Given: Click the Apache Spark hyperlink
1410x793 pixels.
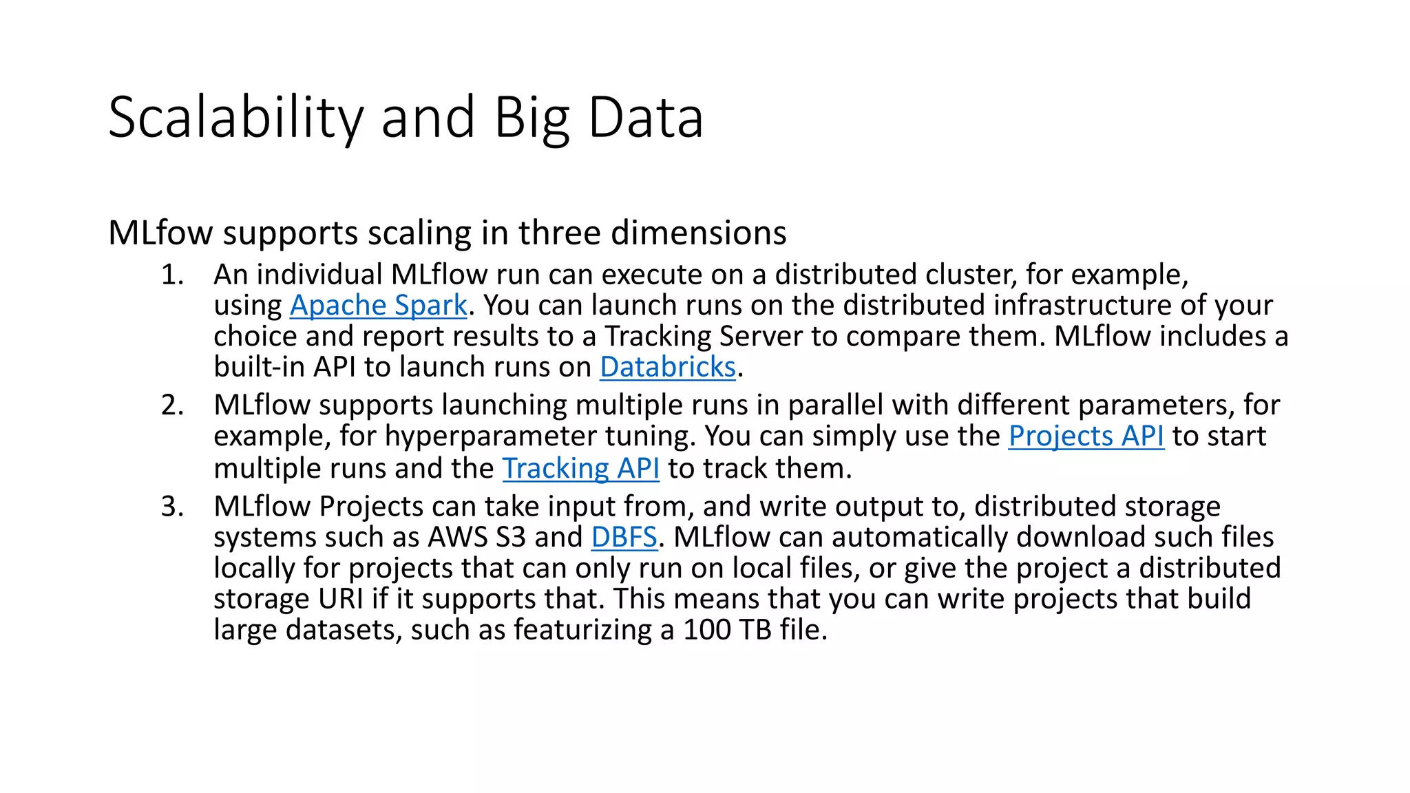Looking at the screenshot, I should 378,306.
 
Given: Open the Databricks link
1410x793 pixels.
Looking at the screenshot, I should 668,368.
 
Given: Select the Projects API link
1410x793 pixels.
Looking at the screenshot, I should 1086,436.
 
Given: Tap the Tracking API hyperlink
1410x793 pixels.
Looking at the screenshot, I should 580,469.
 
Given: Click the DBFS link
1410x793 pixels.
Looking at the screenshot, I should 624,538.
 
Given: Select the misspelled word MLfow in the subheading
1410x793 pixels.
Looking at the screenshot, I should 161,233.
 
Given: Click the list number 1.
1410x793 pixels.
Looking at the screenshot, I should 172,275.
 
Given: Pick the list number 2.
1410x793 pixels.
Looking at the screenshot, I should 172,405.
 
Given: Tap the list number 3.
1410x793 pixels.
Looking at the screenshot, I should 172,507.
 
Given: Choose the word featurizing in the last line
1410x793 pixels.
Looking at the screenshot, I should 582,631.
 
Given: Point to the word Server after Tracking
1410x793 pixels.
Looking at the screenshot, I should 761,337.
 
